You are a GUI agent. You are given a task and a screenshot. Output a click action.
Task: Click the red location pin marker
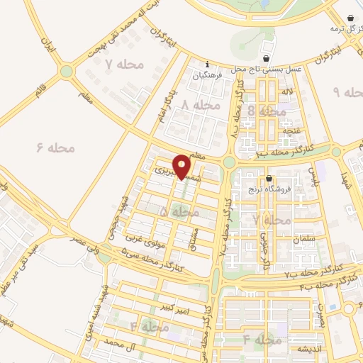[182, 166]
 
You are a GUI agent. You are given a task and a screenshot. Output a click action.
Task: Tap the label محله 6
[55, 147]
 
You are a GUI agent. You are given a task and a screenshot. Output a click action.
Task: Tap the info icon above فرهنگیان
[207, 63]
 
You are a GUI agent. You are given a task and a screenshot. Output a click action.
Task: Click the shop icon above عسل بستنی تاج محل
[266, 58]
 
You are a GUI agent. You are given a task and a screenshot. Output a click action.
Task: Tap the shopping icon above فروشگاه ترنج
[269, 178]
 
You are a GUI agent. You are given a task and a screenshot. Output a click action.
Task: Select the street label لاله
[287, 92]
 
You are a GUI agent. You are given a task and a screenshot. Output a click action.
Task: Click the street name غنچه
[289, 130]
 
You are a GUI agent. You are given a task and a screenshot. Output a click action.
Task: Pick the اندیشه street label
[311, 349]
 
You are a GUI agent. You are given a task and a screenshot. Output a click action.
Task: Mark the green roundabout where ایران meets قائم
[67, 71]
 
